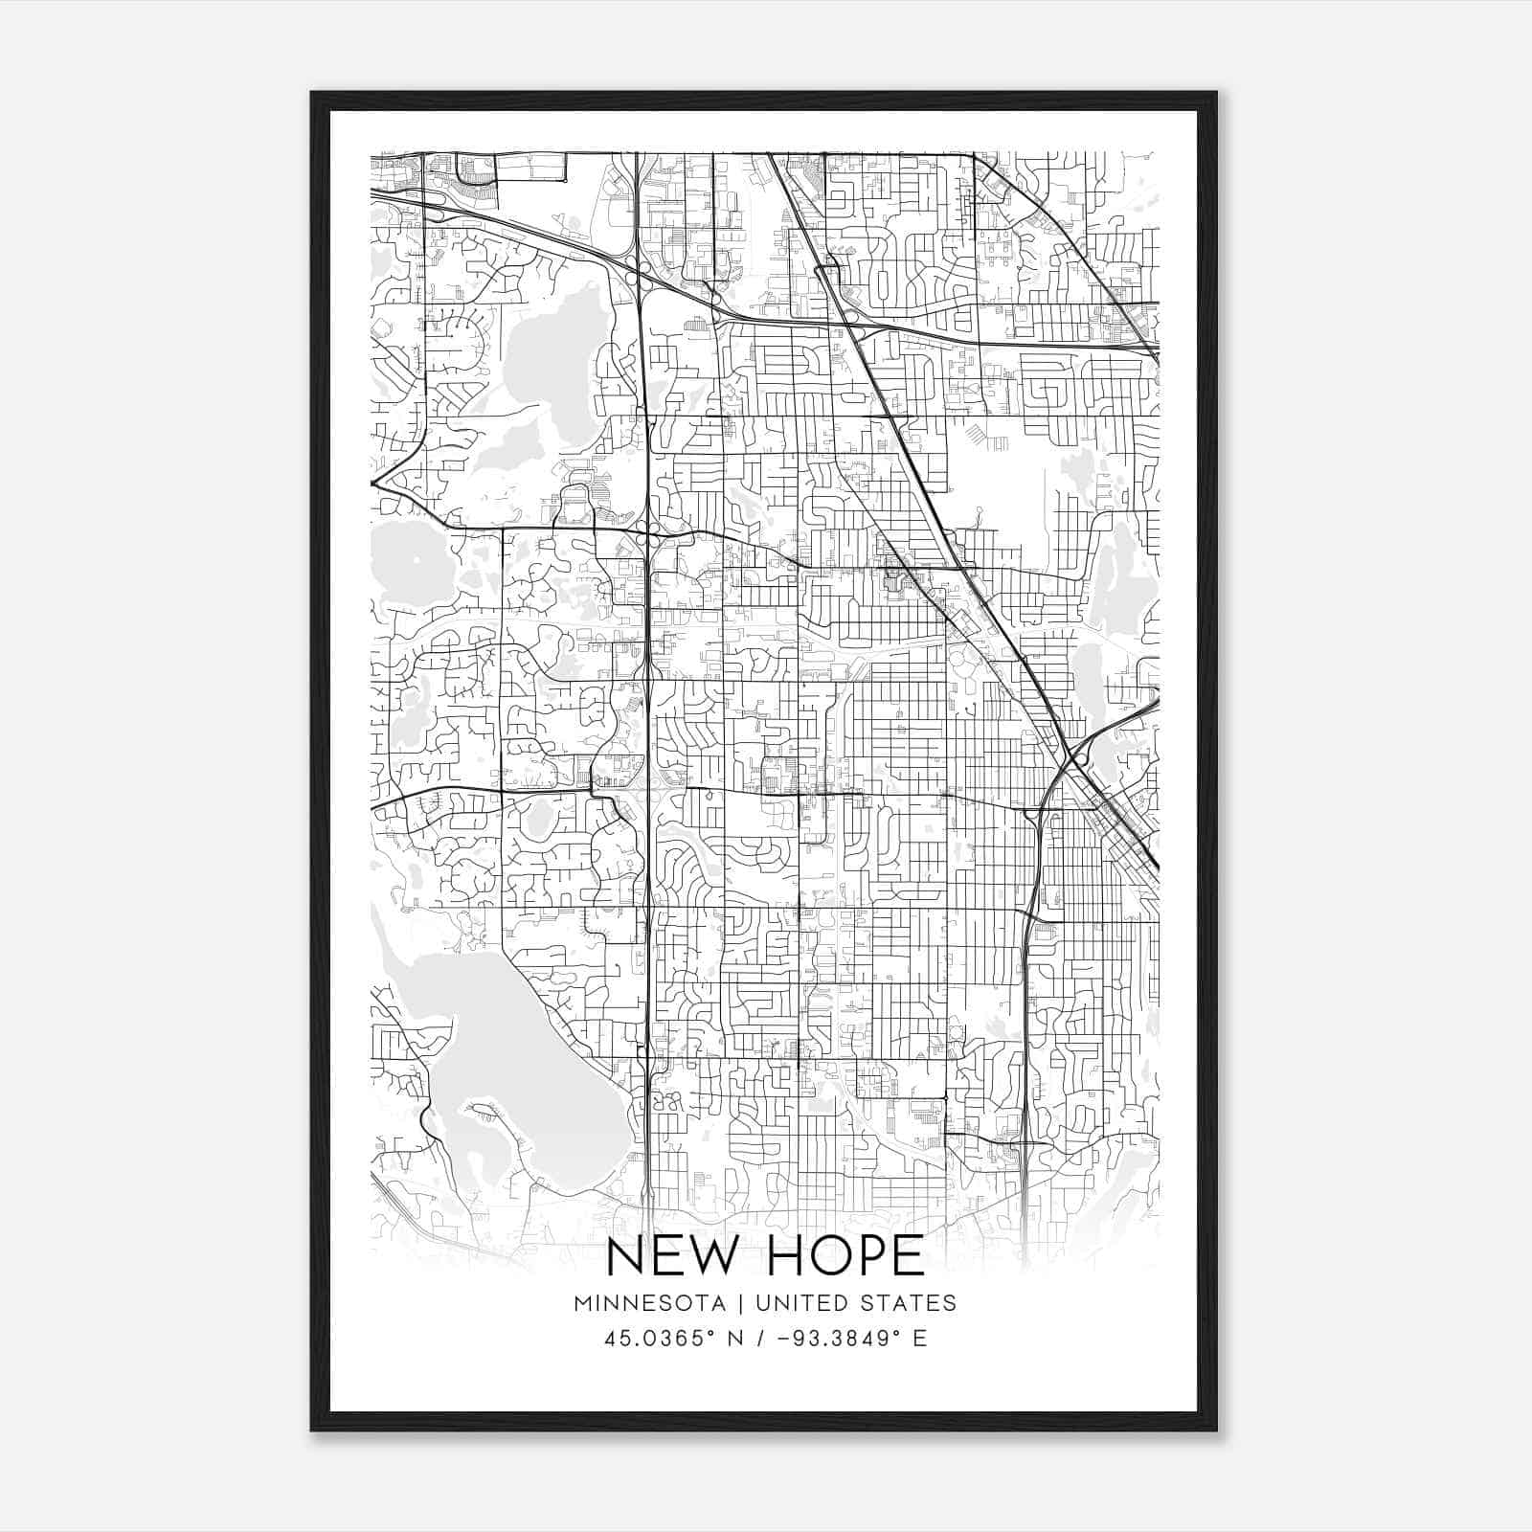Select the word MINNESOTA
[x=655, y=1303]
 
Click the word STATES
[x=910, y=1303]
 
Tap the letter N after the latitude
[x=736, y=1339]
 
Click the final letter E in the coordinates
[x=920, y=1339]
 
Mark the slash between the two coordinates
[x=762, y=1339]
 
